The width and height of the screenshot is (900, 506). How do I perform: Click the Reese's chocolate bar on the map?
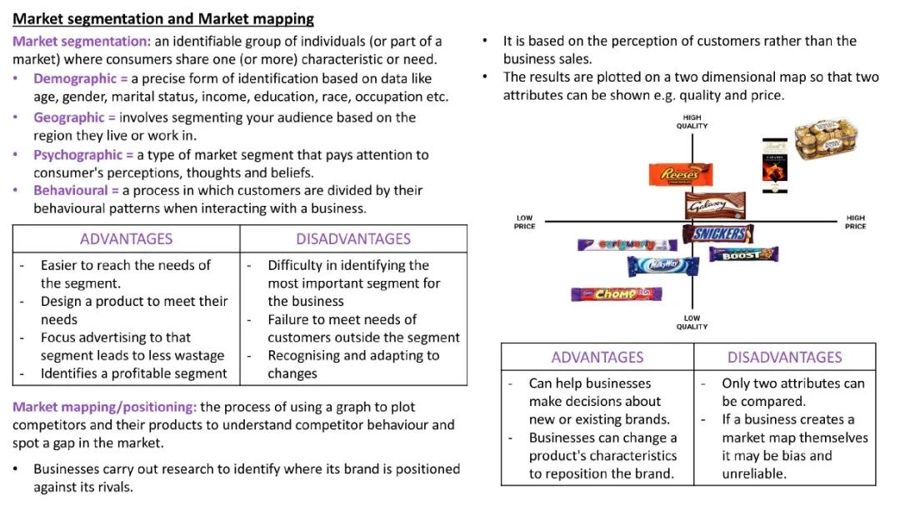coord(681,174)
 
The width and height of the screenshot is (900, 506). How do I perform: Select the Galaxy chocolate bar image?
coord(709,205)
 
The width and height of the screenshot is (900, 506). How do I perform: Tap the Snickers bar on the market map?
coord(717,234)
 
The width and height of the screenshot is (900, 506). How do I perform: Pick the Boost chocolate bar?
coord(743,253)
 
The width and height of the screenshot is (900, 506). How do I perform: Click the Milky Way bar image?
coord(662,266)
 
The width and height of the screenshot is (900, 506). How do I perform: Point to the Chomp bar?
coord(616,294)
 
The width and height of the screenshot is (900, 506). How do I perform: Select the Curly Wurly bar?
coord(615,245)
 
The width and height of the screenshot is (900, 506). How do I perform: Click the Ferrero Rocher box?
coord(824,138)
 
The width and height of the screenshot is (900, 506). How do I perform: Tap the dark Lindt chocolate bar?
coord(775,160)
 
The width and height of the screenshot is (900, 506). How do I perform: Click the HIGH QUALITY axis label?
coord(692,122)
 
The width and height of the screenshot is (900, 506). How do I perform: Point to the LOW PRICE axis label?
coord(524,222)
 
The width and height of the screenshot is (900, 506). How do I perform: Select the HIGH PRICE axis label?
coord(855,222)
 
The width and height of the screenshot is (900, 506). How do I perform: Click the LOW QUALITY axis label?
coord(692,322)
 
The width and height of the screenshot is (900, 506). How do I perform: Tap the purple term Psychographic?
coord(78,154)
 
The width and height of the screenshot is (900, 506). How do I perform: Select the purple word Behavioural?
coord(72,190)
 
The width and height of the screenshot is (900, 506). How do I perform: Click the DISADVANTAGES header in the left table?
coord(353,239)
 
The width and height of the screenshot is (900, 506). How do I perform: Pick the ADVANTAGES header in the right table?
coord(597,357)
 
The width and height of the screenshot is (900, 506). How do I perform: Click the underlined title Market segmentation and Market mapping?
coord(163,18)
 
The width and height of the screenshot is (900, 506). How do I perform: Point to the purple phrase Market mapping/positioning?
coord(104,407)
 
